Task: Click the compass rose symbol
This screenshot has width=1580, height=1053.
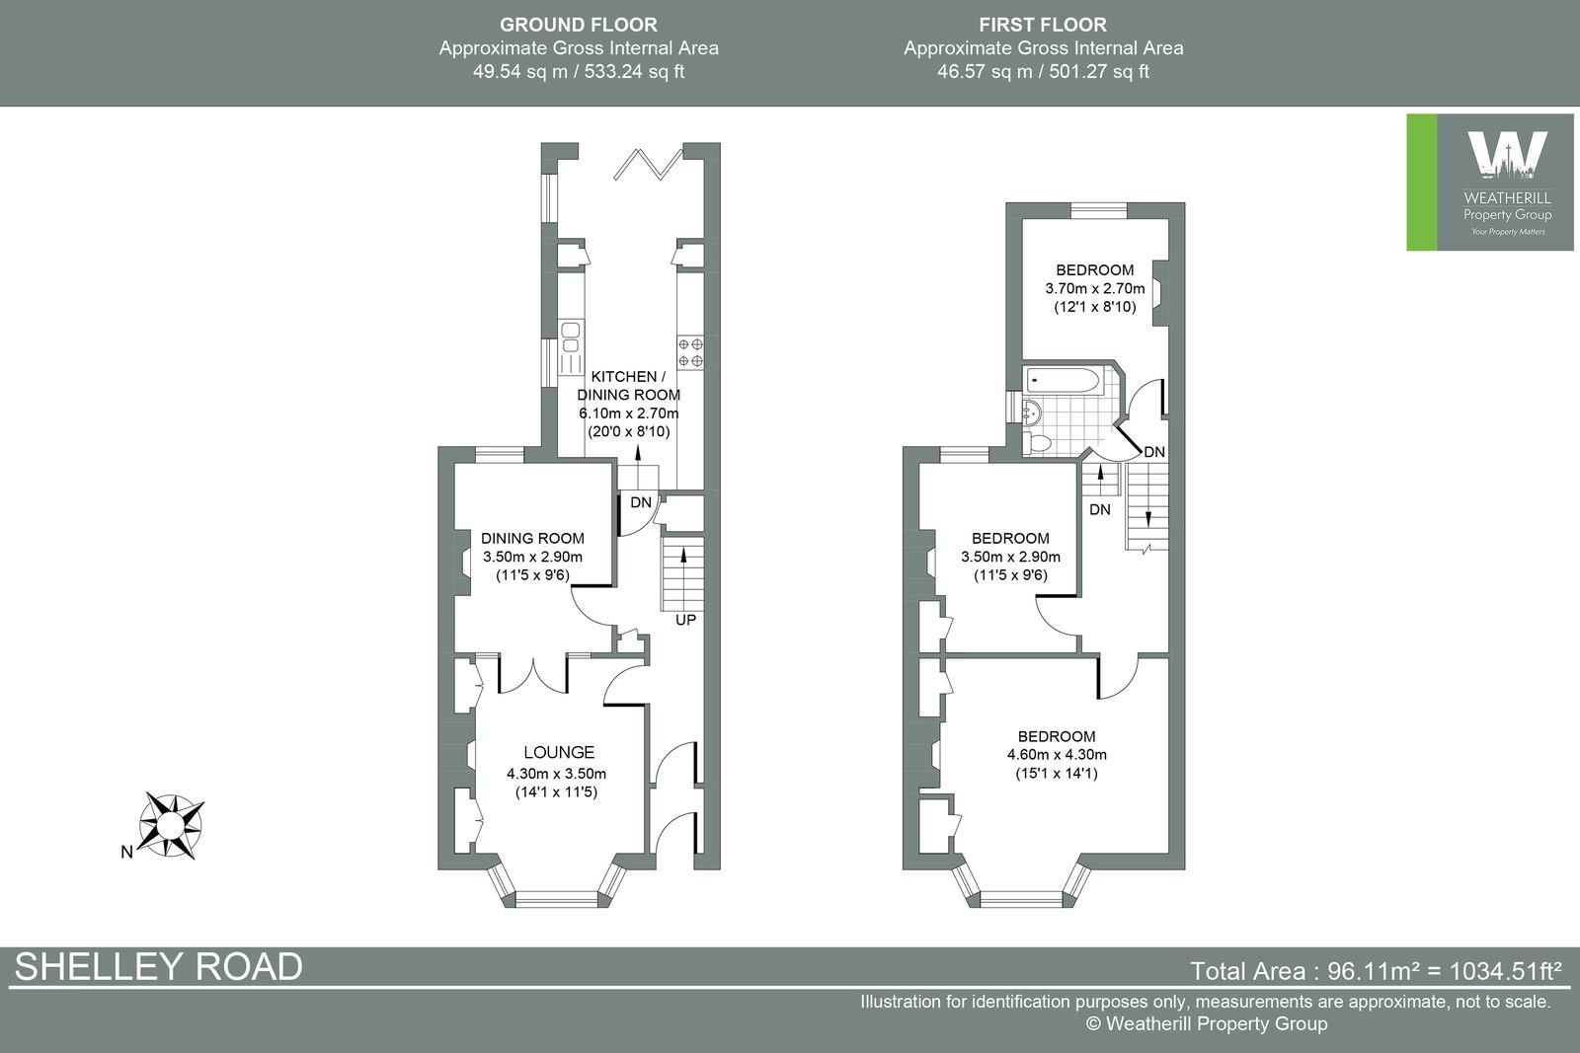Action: click(x=172, y=823)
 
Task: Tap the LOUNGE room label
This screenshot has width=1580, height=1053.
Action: click(x=558, y=752)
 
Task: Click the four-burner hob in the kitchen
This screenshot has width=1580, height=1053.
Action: click(x=690, y=352)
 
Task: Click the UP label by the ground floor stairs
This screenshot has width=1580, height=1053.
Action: click(x=685, y=621)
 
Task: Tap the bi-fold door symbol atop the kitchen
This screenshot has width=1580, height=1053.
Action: click(x=648, y=163)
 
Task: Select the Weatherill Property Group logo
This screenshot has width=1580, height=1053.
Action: click(x=1490, y=183)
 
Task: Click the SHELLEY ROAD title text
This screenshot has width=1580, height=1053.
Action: click(x=158, y=967)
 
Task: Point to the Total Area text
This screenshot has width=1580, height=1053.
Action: click(x=1376, y=971)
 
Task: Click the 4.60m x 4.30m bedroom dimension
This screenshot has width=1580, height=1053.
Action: click(x=1056, y=755)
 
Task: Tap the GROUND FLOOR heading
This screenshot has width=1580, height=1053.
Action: click(x=578, y=25)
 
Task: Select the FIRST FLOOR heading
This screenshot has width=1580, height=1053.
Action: click(x=1042, y=25)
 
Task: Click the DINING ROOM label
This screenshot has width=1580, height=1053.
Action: click(x=532, y=539)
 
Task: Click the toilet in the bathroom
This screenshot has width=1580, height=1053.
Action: click(x=1038, y=442)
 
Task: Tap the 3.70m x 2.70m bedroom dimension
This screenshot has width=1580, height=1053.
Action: click(x=1094, y=289)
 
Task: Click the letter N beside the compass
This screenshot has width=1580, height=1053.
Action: click(x=126, y=853)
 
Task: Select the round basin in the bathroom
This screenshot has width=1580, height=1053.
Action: click(x=1033, y=413)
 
